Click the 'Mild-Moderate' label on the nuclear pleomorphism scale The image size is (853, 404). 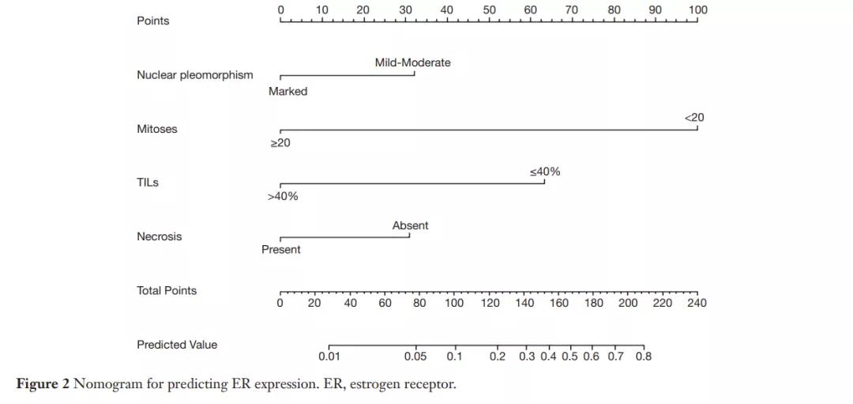(x=412, y=62)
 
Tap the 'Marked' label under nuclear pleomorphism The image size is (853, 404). (x=287, y=91)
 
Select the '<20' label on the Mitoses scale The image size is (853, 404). (x=694, y=117)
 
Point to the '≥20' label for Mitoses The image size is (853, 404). (x=280, y=142)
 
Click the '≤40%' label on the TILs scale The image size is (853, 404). (x=545, y=172)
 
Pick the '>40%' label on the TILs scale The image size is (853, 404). (x=283, y=196)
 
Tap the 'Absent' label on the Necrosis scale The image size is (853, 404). (x=410, y=225)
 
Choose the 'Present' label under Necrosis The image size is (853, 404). (x=281, y=249)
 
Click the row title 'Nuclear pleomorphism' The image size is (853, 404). (x=195, y=75)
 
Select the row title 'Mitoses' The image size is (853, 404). (x=157, y=129)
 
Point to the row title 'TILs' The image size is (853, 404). (x=148, y=183)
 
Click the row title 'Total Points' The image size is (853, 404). (x=167, y=290)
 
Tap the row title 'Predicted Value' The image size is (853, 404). (x=177, y=345)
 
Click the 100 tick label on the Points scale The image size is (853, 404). (x=697, y=10)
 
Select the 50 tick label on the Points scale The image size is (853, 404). (x=489, y=10)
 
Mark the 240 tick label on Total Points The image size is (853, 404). (x=697, y=303)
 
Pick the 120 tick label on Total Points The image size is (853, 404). (x=490, y=303)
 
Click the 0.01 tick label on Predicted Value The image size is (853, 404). (x=329, y=357)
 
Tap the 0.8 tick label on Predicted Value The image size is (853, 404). (x=643, y=357)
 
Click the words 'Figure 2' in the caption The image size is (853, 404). (x=43, y=384)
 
